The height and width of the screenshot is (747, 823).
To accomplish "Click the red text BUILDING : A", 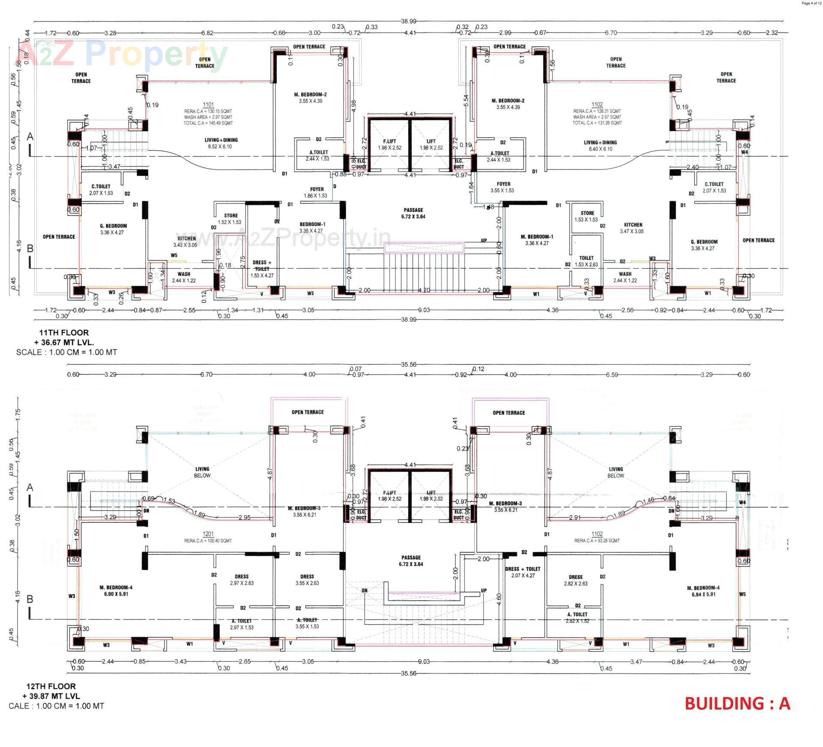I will point(737,704).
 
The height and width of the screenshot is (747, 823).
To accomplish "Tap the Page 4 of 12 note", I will point(811,3).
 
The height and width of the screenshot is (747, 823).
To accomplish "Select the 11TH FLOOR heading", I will point(64,332).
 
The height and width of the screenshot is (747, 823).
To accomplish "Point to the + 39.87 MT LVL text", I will point(51,696).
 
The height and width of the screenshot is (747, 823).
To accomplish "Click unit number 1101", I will point(208,105).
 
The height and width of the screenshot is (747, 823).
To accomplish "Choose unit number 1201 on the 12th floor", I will point(208,534).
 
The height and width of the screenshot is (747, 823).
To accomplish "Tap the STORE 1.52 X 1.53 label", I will point(230,219).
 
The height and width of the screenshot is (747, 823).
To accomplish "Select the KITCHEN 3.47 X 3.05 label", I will point(633,228).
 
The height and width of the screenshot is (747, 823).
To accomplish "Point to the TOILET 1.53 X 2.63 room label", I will point(586,261).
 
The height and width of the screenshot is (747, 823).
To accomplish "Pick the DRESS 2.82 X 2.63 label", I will point(576,580).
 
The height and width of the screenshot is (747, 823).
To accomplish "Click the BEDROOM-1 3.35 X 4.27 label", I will point(312,227).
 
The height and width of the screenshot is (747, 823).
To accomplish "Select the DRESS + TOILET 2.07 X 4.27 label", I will point(523,572).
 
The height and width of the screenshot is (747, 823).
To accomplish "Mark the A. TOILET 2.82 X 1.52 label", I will point(577,617).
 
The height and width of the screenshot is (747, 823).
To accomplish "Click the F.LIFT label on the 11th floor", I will point(389,145).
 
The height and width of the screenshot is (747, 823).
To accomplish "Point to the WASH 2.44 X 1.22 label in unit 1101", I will point(183,277).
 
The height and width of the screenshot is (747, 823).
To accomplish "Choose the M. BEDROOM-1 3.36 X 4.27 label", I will point(537,240).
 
